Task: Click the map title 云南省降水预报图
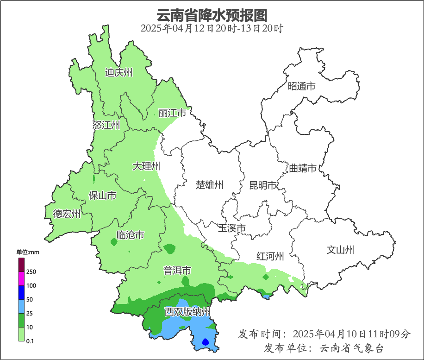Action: (212, 15)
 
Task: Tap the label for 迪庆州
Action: (119, 72)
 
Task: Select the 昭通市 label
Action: (301, 86)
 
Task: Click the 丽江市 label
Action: (172, 113)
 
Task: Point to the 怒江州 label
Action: (106, 125)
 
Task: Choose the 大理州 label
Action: (146, 166)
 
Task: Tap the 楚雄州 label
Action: (210, 185)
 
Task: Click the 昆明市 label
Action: (263, 185)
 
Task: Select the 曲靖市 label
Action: (303, 168)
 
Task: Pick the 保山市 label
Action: (102, 196)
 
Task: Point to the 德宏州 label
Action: (67, 214)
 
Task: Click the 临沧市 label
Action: (130, 235)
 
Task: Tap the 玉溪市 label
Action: (231, 228)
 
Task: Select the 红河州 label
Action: (270, 256)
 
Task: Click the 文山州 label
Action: (340, 250)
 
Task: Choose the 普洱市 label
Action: (177, 270)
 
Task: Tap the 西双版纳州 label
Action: (188, 311)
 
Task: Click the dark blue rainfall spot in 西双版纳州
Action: (206, 342)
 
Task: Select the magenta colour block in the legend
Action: (21, 278)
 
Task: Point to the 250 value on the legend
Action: (31, 272)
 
